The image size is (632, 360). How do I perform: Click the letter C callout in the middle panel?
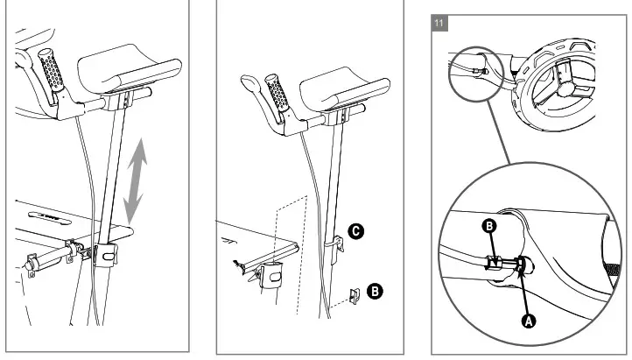click(356, 232)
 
